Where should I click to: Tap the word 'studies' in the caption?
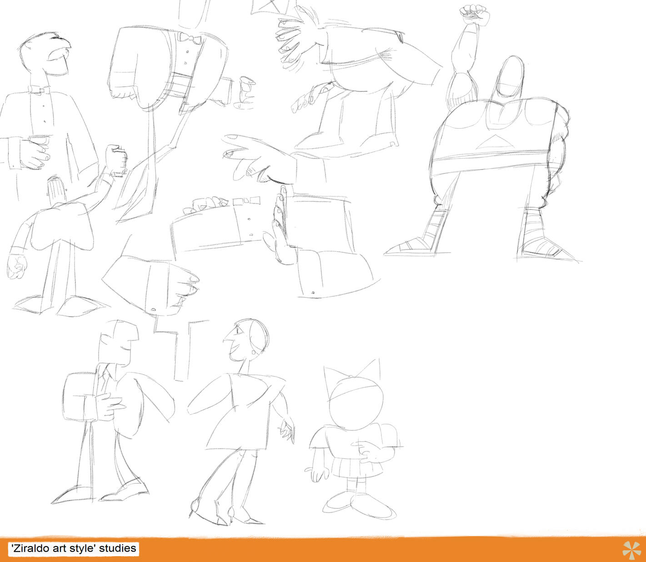[117, 548]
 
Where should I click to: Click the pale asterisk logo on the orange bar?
[631, 550]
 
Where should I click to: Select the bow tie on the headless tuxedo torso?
[190, 39]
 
